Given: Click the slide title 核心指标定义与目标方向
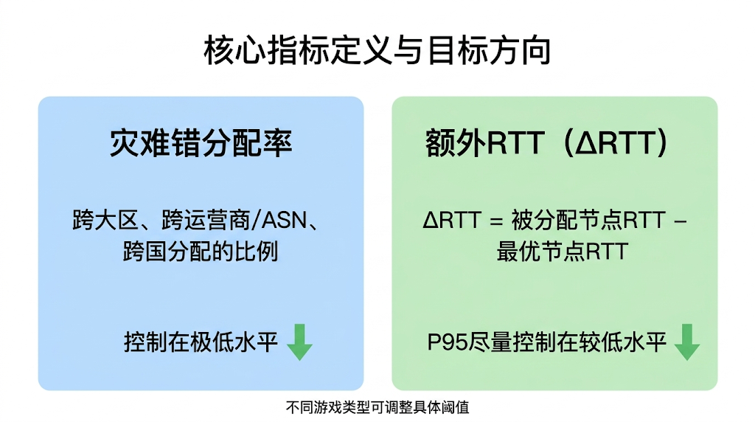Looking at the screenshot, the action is point(377,52).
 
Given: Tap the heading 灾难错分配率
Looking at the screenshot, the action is point(201,143).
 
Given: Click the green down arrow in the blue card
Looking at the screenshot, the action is point(299,342).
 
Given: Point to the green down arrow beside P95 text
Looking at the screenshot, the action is point(686,342).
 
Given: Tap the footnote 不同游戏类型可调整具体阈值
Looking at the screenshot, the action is point(377,407).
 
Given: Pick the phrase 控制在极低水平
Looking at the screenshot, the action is point(201,342).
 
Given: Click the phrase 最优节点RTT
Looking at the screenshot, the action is point(561,252).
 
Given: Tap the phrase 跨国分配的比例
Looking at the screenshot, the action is point(201,252).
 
